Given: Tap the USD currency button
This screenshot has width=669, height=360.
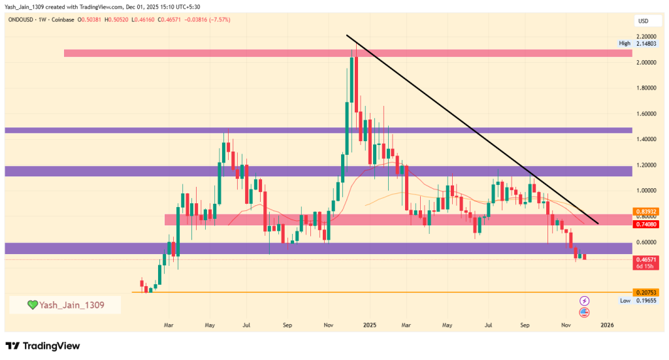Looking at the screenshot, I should [x=643, y=22].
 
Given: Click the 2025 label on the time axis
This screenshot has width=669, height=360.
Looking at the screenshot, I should [x=370, y=324].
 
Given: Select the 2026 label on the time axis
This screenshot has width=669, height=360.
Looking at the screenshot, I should [x=607, y=324].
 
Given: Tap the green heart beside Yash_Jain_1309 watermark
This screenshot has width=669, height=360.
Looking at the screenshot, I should [x=32, y=304].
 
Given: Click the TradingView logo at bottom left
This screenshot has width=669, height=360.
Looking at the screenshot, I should [x=42, y=346].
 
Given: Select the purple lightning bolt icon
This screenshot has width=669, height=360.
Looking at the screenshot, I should [x=584, y=301].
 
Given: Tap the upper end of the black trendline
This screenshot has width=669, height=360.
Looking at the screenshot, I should [x=347, y=35].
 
